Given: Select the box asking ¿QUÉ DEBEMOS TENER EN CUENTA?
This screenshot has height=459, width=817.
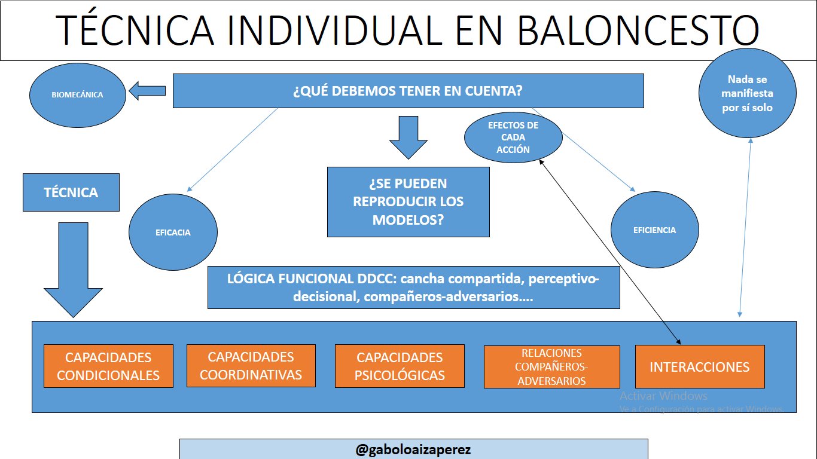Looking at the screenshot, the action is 408,91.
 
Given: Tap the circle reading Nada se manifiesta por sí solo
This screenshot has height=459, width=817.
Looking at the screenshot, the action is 747,93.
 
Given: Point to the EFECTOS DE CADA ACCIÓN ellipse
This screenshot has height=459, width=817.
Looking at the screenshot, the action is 513,137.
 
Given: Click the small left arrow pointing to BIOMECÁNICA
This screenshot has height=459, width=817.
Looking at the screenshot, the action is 148,91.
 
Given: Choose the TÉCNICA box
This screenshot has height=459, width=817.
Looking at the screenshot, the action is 71,192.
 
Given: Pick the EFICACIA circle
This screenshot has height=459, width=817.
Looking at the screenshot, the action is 173,232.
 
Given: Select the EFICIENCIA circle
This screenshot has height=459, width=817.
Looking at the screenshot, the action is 654,230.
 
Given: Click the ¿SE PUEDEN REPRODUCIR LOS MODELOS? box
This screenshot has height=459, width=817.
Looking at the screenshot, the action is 408,201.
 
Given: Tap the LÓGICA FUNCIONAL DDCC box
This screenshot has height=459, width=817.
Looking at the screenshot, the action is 413,287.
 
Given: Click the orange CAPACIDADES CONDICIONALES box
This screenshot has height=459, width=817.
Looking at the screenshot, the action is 108,366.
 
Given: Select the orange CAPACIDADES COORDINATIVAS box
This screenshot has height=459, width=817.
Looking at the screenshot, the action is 251,366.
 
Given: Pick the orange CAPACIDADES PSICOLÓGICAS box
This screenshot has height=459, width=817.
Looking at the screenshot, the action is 400,366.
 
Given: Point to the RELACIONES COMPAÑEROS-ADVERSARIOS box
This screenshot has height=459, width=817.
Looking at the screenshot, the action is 551,367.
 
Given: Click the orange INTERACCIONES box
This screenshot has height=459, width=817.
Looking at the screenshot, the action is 699,366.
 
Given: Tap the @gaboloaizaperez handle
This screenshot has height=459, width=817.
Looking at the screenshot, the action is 413,449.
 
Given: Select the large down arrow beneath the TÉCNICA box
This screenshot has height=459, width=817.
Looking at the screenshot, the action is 73,269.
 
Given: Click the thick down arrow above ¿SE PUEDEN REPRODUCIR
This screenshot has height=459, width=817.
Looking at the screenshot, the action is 408,137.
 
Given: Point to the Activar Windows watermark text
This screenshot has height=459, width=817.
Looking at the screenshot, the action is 663,396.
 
